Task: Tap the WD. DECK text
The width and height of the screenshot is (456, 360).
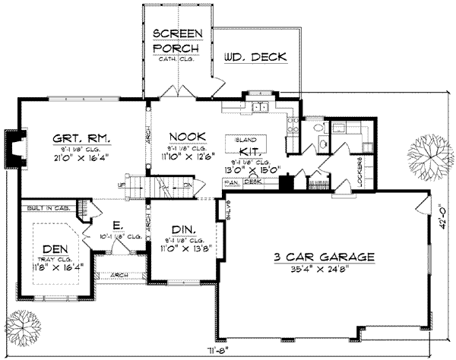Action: (255, 56)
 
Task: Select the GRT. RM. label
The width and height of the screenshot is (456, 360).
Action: (83, 138)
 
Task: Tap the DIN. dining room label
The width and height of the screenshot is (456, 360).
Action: (182, 229)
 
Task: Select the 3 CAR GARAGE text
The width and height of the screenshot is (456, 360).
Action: (325, 257)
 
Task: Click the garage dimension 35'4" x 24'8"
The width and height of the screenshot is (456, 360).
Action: (325, 269)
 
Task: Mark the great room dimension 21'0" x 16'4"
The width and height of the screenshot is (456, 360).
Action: (83, 151)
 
